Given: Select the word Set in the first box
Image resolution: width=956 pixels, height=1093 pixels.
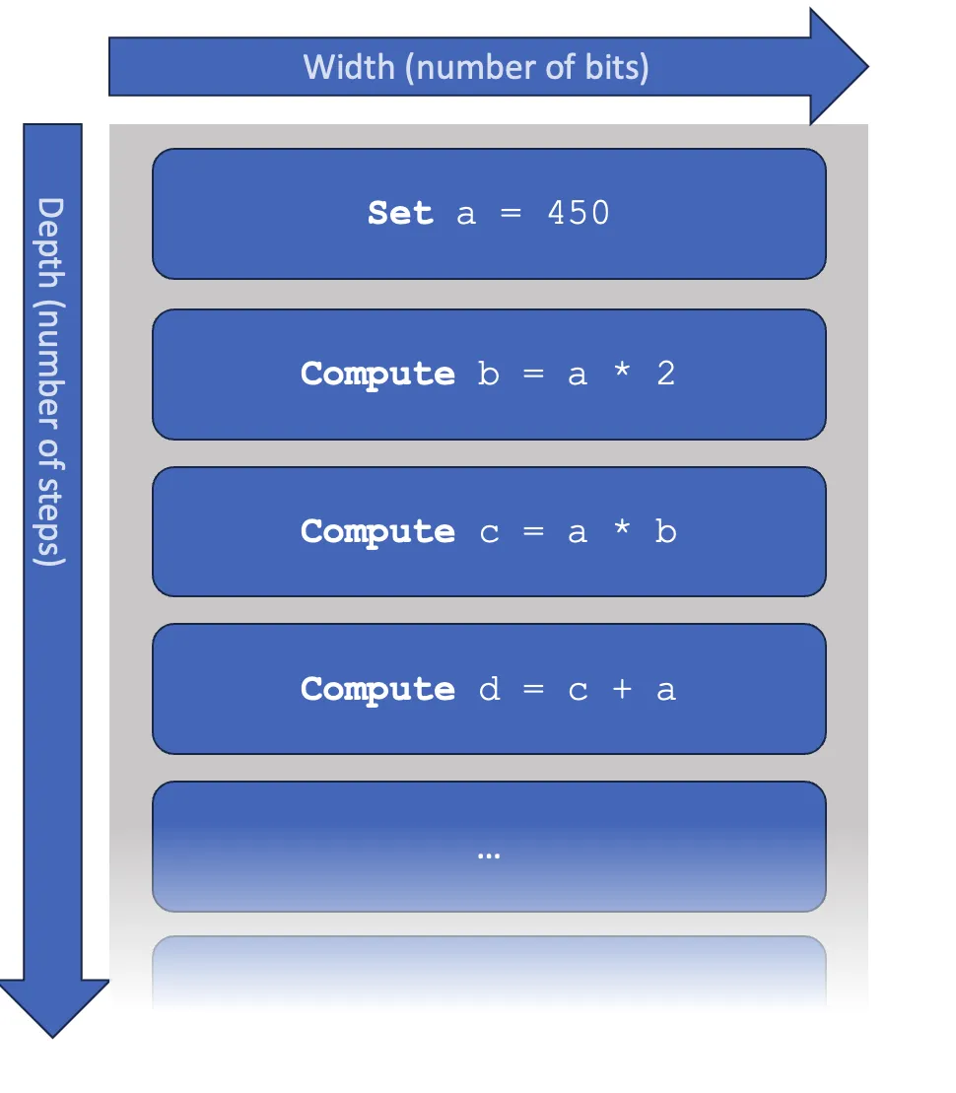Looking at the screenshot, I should coord(400,214).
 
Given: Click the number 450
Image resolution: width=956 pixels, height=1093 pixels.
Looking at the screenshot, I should coord(579,214).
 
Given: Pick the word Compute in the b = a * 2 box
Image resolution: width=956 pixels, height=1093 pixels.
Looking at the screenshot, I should coord(377,375).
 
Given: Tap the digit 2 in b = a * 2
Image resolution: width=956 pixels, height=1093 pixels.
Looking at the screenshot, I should coord(666,375).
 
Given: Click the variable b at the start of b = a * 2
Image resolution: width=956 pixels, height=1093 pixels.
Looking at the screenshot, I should coord(489,375).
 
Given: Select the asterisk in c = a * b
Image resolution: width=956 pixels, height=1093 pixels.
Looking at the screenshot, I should coord(622,532).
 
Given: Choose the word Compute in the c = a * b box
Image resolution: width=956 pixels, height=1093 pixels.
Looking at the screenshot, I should coord(377,532).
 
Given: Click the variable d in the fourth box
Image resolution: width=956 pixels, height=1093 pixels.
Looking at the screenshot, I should coord(489,689).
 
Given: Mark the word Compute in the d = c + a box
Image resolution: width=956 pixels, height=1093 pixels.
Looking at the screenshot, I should coord(377,689).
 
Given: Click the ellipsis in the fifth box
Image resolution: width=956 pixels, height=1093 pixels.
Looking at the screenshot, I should coord(489,854).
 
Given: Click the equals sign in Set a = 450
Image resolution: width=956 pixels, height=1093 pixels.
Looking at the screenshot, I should coord(512,214).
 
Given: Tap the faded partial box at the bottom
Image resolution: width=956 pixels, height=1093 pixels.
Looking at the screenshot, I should coord(489,971).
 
